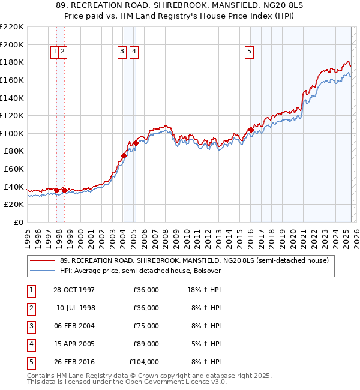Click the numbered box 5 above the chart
[x=249, y=52]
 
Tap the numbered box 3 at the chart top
[x=122, y=52]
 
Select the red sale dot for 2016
[x=250, y=130]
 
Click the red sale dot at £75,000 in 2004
[x=124, y=155]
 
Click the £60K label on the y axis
[x=14, y=169]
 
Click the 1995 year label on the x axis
[x=27, y=234]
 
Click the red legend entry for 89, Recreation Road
[x=194, y=261]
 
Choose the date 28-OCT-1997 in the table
[x=74, y=290]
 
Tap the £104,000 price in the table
[x=143, y=362]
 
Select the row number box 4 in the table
[x=31, y=344]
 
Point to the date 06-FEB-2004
[x=74, y=326]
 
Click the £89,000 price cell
[x=146, y=344]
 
